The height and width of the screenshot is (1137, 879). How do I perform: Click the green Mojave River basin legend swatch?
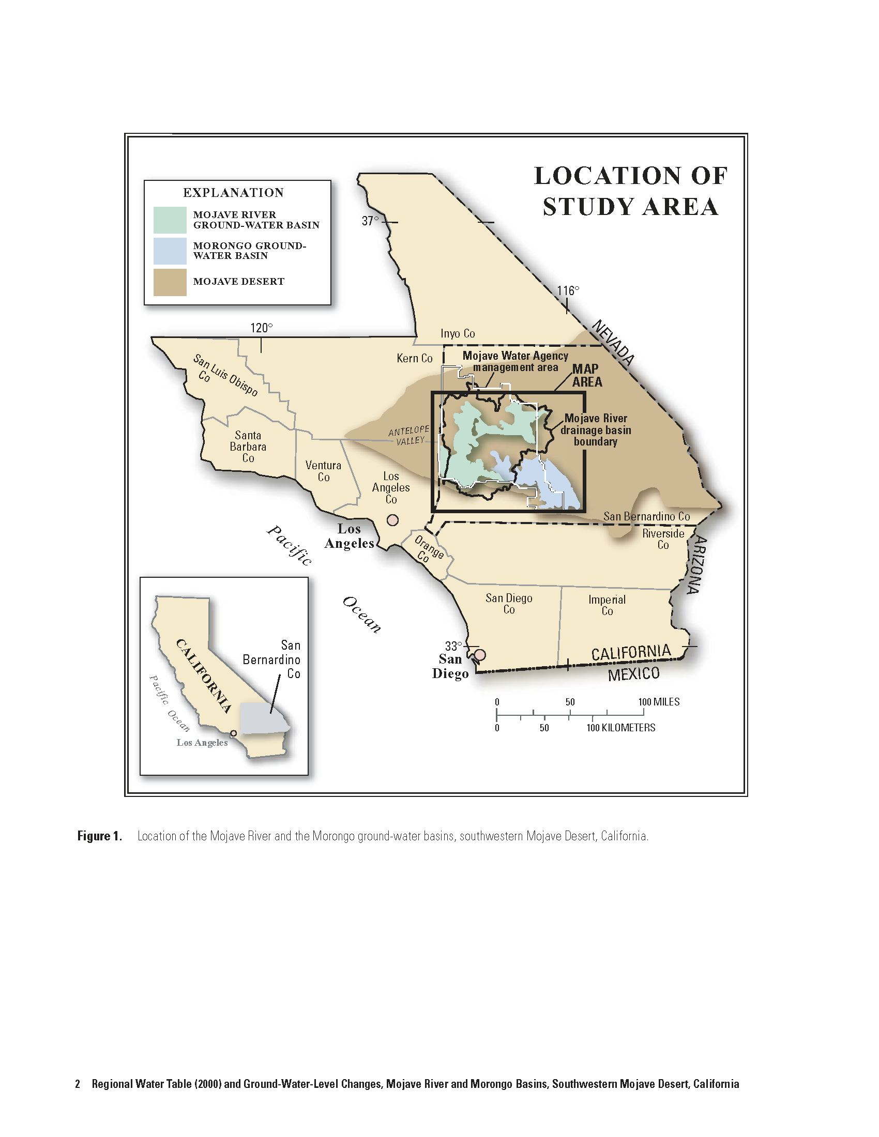tap(170, 220)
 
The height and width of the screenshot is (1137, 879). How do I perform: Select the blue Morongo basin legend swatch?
tap(170, 251)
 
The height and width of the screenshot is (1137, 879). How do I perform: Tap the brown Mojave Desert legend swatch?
tap(170, 282)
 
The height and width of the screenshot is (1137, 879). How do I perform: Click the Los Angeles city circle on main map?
tap(392, 520)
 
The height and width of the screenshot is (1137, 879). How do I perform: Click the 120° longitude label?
tap(261, 328)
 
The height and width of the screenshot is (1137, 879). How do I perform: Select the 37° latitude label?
tap(370, 221)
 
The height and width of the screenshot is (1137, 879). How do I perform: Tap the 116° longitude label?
tap(568, 290)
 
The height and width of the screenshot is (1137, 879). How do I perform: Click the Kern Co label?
tap(415, 358)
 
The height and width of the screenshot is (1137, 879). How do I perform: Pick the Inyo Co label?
tap(458, 333)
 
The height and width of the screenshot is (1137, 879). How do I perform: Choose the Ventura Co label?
tap(323, 471)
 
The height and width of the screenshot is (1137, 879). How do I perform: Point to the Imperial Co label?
tap(607, 605)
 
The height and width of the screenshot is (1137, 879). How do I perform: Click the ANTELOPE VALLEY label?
tap(410, 435)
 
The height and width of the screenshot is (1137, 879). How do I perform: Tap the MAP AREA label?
tap(587, 375)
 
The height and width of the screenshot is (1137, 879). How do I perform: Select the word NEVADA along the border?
tap(614, 343)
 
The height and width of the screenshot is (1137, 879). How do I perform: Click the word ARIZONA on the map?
tap(696, 565)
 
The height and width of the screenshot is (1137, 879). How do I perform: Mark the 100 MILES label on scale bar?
tap(659, 702)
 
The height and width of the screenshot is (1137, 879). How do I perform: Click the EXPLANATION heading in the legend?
tap(233, 193)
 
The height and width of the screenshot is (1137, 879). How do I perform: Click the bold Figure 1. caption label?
tap(99, 836)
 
